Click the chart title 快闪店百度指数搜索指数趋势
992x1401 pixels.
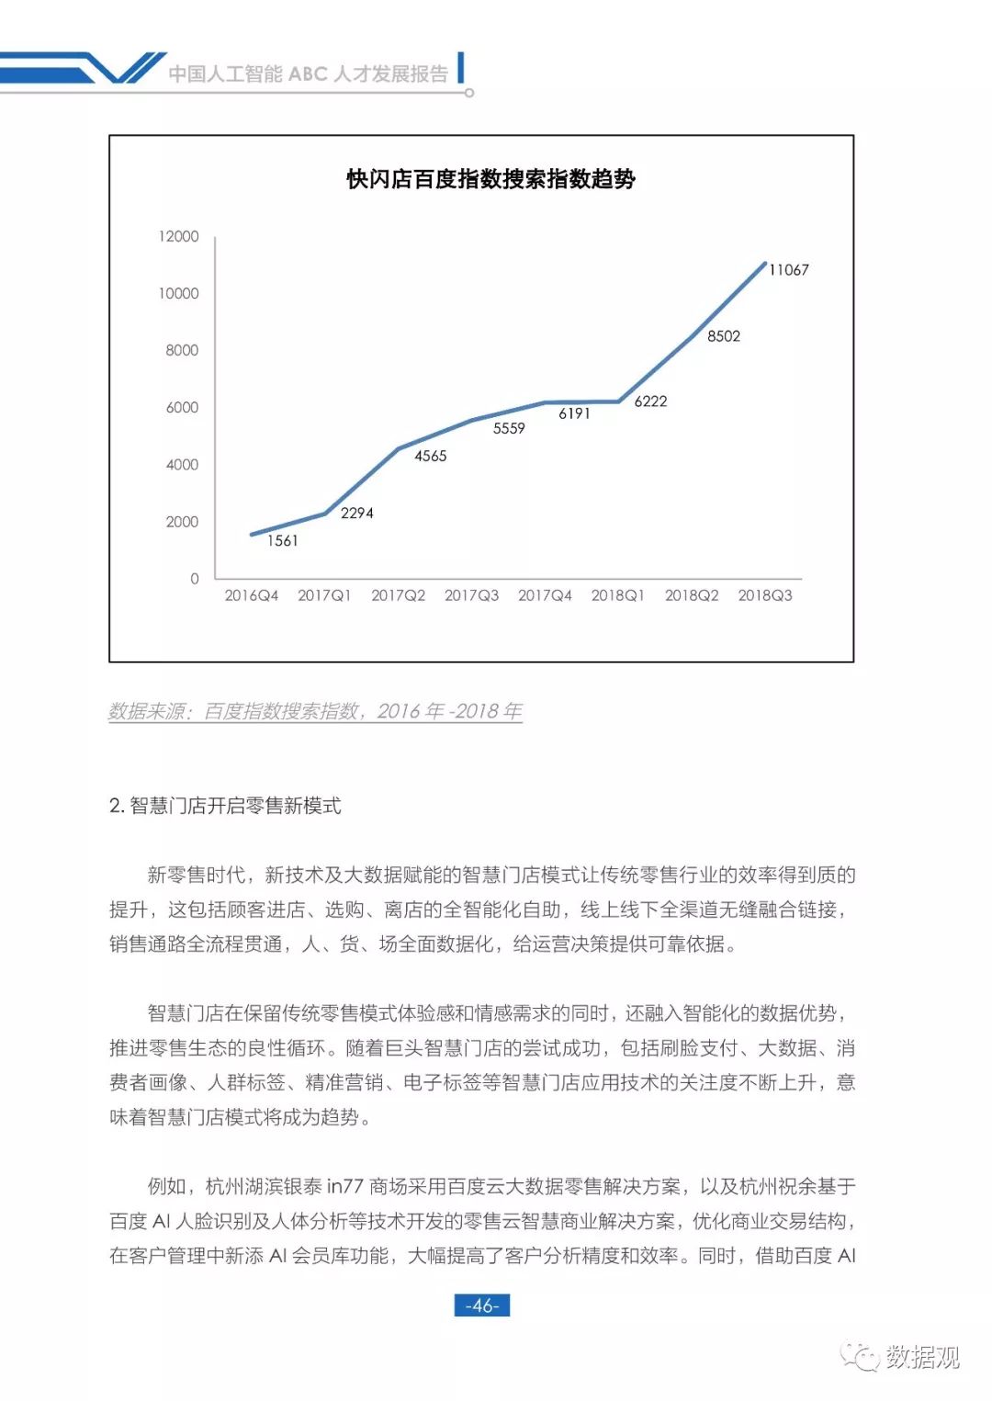pyautogui.click(x=490, y=179)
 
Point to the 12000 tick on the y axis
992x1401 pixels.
pyautogui.click(x=178, y=236)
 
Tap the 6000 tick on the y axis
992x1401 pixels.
pyautogui.click(x=182, y=407)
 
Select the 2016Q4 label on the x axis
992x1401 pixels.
pyautogui.click(x=251, y=595)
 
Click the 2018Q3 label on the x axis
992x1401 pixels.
pyautogui.click(x=764, y=595)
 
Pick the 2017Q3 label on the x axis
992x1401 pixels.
pyautogui.click(x=471, y=595)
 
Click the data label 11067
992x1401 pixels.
pyautogui.click(x=788, y=269)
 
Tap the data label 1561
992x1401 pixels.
pyautogui.click(x=282, y=541)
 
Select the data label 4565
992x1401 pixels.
pyautogui.click(x=430, y=456)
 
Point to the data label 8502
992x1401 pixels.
pyautogui.click(x=723, y=336)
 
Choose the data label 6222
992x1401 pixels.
pyautogui.click(x=650, y=401)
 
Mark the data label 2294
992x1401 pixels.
pyautogui.click(x=356, y=513)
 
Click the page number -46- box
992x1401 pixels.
pyautogui.click(x=481, y=1305)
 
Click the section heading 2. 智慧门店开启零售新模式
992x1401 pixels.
pyautogui.click(x=225, y=806)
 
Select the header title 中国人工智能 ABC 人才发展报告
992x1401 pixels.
pyautogui.click(x=309, y=73)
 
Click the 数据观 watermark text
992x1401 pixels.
pyautogui.click(x=922, y=1356)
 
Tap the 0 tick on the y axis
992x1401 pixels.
pyautogui.click(x=194, y=579)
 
